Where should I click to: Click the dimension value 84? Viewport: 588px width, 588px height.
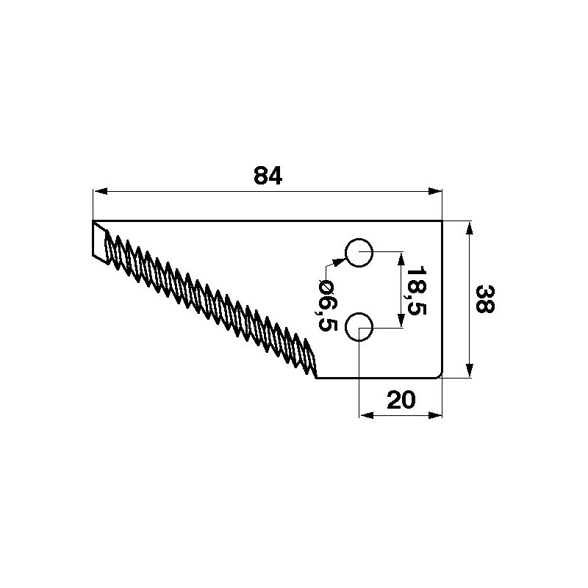coord(268,176)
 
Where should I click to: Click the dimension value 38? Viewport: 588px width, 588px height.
coord(485,299)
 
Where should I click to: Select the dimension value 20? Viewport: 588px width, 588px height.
coord(401,399)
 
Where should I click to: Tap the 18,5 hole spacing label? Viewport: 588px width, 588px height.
coord(416,290)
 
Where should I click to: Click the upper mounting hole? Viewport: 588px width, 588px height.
coord(359,252)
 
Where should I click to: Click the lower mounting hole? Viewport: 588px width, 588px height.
coord(359,327)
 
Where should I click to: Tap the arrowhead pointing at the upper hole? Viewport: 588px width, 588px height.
coord(339,262)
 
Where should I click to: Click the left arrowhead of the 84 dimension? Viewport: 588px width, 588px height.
coord(101,191)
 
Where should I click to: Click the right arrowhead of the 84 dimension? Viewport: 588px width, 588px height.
coord(435,191)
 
